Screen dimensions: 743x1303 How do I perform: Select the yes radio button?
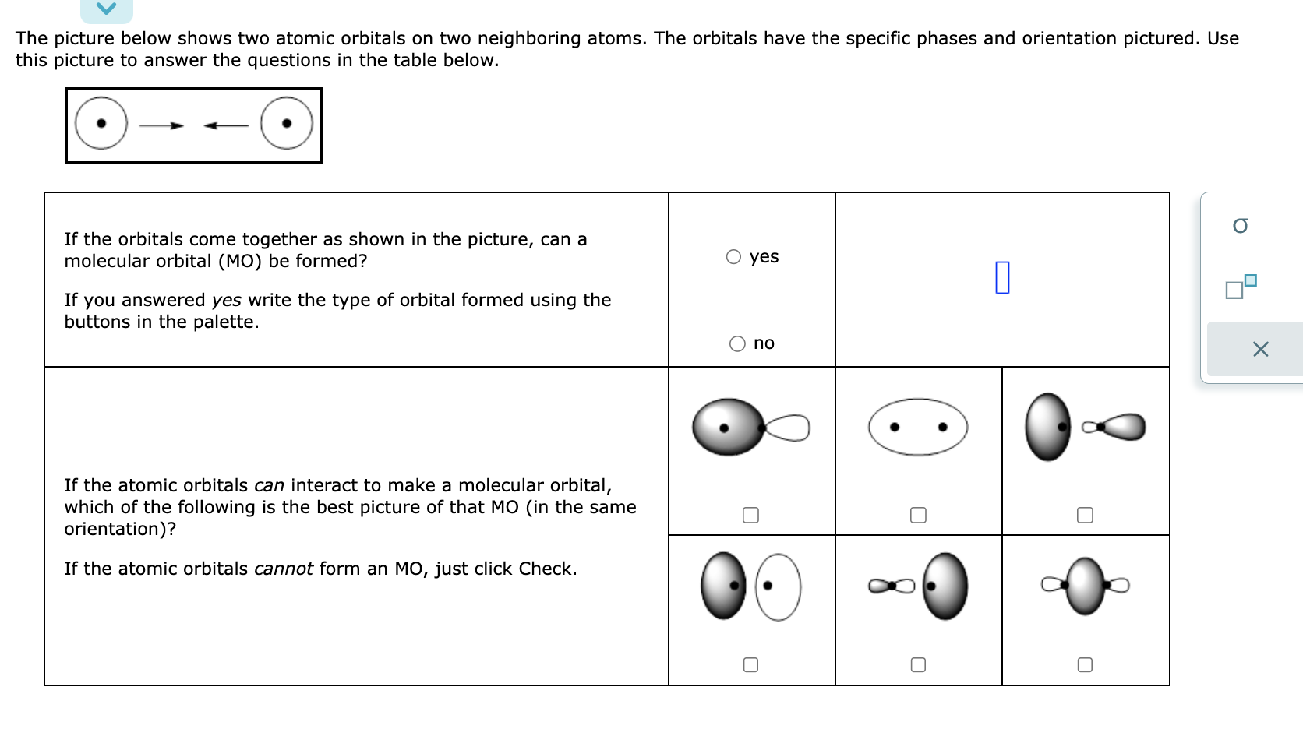pyautogui.click(x=733, y=257)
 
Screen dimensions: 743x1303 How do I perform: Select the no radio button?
pyautogui.click(x=737, y=343)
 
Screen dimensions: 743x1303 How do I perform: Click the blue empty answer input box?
pyautogui.click(x=1002, y=277)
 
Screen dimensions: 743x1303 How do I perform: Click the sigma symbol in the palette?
pyautogui.click(x=1241, y=226)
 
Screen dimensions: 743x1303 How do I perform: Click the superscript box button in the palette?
pyautogui.click(x=1241, y=287)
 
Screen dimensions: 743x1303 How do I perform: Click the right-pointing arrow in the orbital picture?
pyautogui.click(x=162, y=125)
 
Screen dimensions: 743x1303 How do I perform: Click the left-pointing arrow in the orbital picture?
pyautogui.click(x=225, y=125)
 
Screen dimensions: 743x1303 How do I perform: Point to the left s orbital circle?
pyautogui.click(x=101, y=123)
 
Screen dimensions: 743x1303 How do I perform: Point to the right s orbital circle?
pyautogui.click(x=287, y=123)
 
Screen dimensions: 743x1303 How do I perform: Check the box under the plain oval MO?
pyautogui.click(x=918, y=515)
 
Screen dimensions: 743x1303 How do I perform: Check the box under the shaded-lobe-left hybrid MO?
pyautogui.click(x=750, y=515)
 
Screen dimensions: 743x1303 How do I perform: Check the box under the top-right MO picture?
pyautogui.click(x=1085, y=515)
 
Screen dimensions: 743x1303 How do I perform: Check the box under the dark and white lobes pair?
pyautogui.click(x=750, y=664)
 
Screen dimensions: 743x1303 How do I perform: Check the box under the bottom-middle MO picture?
pyautogui.click(x=918, y=664)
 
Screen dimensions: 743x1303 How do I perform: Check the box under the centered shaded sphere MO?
pyautogui.click(x=1085, y=664)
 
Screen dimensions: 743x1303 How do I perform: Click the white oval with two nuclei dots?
pyautogui.click(x=918, y=427)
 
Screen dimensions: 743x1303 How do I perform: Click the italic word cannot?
pyautogui.click(x=284, y=569)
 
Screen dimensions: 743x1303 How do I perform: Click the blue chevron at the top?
pyautogui.click(x=107, y=9)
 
